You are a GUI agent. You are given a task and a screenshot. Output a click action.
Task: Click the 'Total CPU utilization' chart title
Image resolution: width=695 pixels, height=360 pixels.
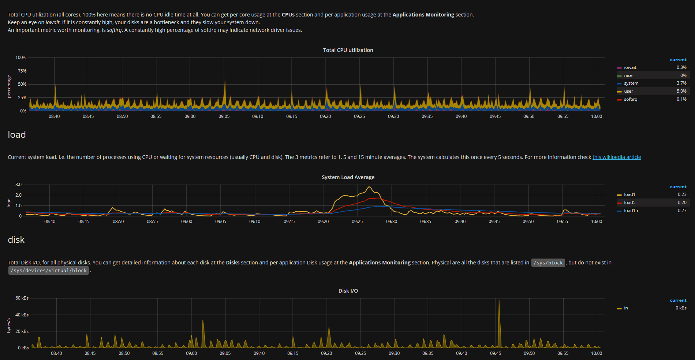point(348,50)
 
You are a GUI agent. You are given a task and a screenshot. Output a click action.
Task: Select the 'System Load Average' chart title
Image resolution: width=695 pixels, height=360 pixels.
point(348,177)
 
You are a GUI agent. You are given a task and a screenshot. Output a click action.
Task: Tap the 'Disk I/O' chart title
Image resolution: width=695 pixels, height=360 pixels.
point(348,291)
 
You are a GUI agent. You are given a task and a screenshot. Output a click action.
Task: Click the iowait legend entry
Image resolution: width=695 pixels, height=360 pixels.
point(630,67)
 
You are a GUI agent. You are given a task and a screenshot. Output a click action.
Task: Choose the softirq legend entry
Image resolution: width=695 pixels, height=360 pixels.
point(630,99)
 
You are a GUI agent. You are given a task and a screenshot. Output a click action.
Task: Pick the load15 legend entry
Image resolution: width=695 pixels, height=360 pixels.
point(631,211)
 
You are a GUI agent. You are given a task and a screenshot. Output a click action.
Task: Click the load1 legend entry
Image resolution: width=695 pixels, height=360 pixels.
point(629,194)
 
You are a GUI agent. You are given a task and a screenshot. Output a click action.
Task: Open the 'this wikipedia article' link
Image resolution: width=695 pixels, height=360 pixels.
point(616,157)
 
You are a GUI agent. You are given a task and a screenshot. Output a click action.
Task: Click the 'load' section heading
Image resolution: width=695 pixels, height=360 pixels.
point(17,134)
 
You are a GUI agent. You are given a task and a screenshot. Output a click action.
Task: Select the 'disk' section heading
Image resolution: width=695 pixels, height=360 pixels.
point(16,240)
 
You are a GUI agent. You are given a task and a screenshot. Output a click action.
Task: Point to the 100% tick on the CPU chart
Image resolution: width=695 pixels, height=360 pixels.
point(21,57)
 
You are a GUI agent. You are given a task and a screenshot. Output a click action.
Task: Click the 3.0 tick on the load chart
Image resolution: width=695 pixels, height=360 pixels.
point(18,185)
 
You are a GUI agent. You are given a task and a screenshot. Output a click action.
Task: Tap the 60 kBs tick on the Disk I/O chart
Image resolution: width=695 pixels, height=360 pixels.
point(22,298)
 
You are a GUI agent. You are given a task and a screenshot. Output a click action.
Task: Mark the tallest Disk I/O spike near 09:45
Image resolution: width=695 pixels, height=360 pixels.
point(499,301)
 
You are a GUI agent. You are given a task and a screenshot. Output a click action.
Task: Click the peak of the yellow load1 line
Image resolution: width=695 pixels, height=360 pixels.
point(369,187)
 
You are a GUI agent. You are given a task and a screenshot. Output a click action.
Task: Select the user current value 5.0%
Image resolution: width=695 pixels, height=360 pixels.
point(681,91)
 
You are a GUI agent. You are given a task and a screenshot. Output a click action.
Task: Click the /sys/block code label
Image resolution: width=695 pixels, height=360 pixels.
point(548,263)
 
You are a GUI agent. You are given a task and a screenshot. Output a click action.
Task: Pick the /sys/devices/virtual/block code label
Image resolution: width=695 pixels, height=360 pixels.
point(49,271)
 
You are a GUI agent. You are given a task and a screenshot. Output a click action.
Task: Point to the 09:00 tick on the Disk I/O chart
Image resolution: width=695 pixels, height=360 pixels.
point(191,353)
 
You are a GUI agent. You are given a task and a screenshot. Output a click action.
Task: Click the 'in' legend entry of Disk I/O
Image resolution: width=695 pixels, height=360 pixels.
point(626,308)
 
